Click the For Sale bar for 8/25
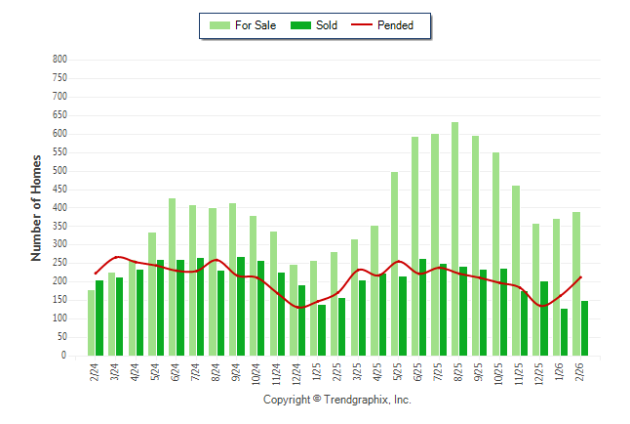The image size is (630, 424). [x=454, y=239]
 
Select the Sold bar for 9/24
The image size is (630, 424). [x=241, y=307]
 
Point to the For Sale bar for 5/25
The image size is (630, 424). [x=394, y=264]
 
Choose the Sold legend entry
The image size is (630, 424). [x=316, y=25]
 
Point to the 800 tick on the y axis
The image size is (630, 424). [x=59, y=60]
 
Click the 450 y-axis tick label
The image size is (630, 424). [x=59, y=190]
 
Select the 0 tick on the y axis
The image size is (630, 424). [x=63, y=357]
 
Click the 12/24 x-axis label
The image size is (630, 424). [x=295, y=372]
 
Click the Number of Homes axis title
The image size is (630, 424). [x=37, y=207]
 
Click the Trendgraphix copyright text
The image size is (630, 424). [x=337, y=400]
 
